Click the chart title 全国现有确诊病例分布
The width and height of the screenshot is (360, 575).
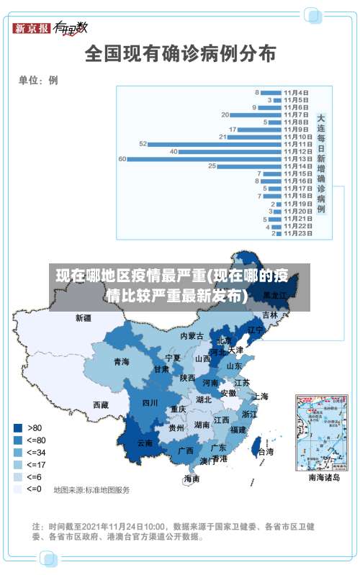pos(180,53)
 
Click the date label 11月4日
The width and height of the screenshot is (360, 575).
pos(296,92)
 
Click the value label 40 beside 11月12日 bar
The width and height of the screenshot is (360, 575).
pos(174,151)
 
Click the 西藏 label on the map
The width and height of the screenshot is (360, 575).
pos(101,405)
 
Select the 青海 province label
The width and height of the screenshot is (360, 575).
pos(122,361)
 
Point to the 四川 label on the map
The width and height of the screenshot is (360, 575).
pos(150,403)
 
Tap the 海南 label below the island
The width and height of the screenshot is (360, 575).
pos(192,479)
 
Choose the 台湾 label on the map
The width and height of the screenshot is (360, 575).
pos(265,452)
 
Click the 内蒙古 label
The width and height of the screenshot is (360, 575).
pos(192,335)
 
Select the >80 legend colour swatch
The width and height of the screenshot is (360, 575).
pos(17,427)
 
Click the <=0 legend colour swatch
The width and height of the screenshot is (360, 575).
pos(17,489)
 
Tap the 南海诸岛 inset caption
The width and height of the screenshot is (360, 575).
pos(324,476)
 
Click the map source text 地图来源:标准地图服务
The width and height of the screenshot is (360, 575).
pos(91,490)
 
